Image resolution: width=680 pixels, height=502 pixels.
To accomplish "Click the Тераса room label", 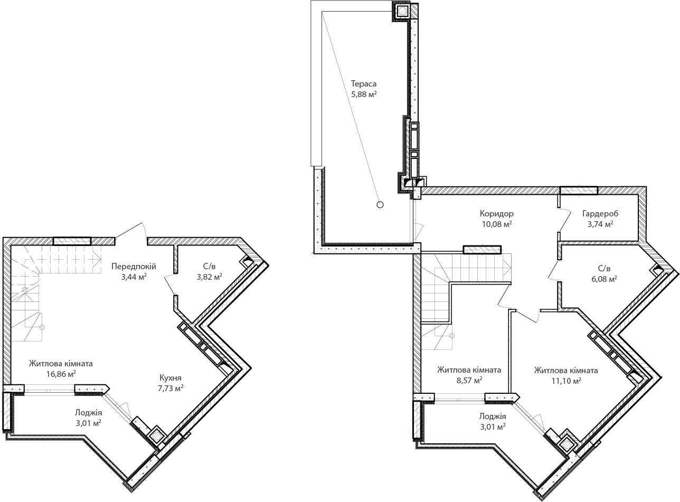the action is click(364, 83).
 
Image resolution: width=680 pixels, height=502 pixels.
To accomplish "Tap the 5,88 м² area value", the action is click(364, 94).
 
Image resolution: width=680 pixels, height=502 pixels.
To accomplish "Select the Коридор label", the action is click(497, 213).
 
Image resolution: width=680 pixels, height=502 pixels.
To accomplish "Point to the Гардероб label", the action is click(600, 213).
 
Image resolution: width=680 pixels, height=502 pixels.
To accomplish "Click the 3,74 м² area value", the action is click(600, 224).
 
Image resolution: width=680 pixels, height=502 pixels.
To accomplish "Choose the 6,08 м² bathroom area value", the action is click(604, 279).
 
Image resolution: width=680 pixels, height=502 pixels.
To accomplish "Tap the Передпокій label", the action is click(134, 266).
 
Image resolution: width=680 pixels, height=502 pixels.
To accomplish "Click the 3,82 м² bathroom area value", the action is click(210, 277).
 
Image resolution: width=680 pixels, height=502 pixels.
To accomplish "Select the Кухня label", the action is click(171, 377).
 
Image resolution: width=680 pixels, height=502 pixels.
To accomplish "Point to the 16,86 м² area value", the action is click(61, 374).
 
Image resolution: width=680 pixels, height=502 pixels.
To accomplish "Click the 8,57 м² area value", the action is click(469, 380).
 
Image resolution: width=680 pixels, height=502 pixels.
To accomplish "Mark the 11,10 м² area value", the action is click(566, 381).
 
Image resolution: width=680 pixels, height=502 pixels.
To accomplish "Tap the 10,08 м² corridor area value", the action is click(497, 224).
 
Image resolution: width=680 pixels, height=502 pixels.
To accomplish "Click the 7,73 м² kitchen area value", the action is click(171, 388).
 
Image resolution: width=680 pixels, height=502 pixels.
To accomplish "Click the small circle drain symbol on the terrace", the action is click(380, 204).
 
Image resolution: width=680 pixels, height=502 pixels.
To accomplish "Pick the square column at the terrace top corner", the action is click(402, 11).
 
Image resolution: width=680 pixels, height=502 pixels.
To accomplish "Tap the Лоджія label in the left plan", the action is click(89, 412).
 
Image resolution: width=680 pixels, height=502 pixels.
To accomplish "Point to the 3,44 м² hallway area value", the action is click(134, 277).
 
